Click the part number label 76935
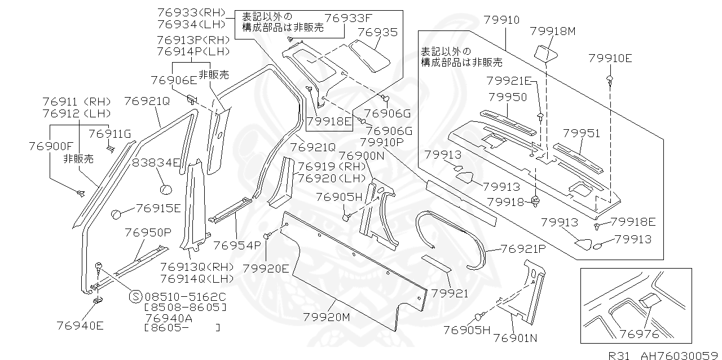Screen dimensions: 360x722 pos(377,32)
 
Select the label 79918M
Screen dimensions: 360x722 pos(553,32)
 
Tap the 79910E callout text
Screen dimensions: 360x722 pos(610,58)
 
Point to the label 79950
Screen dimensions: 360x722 pos(508,97)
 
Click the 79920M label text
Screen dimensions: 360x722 pos(327,317)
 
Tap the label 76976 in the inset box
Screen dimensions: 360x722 pos(639,334)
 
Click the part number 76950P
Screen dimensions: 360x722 pos(148,232)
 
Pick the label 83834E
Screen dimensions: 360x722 pos(156,164)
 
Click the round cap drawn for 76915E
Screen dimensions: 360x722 pos(117,214)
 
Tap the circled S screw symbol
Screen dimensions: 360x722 pos(135,296)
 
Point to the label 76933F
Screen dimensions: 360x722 pos(349,19)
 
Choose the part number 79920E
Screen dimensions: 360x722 pos(266,269)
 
